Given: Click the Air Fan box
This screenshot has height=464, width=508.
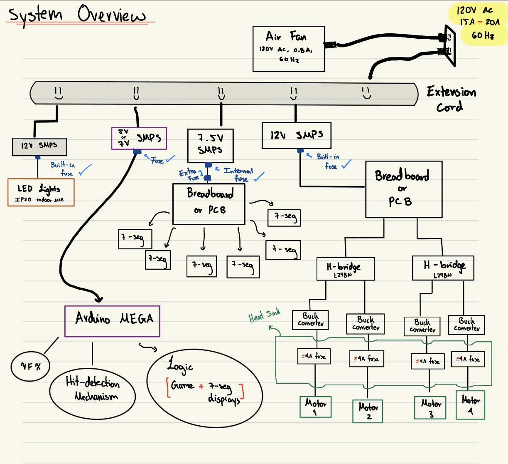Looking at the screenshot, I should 289,49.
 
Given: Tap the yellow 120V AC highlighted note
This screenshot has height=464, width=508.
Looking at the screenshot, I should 478,23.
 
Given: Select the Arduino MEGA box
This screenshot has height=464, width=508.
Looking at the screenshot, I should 113,321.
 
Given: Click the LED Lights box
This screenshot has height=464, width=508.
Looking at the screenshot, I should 41,192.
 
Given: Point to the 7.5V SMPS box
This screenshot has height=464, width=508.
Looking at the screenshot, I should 210,145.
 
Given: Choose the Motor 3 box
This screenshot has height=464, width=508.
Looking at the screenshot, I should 430,408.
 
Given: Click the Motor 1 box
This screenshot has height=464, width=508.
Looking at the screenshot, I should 316,407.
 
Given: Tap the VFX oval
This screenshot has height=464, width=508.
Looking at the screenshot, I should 31,366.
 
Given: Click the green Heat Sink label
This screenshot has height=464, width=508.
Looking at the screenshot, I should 264,315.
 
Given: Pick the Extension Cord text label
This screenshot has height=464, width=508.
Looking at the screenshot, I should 451,99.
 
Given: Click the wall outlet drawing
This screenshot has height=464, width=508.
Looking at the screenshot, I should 449,45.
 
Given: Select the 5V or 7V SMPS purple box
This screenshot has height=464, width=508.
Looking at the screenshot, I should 139,138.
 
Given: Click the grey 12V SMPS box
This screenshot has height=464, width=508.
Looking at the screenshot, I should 39,146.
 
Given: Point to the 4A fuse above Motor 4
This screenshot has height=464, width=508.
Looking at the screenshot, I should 468,359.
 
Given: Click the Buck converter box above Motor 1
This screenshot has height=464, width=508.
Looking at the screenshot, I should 311,320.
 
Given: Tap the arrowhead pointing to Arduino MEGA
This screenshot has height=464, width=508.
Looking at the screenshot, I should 98,298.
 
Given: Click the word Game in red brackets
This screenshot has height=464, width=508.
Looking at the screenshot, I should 182,386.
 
